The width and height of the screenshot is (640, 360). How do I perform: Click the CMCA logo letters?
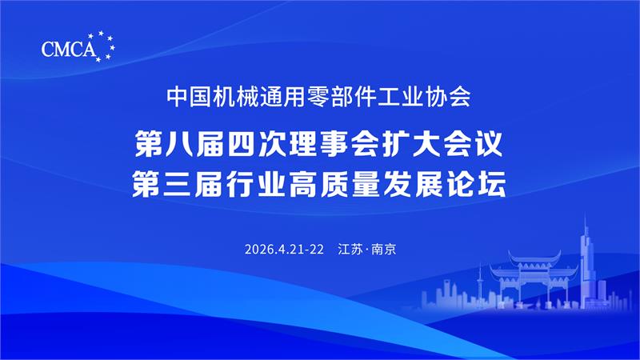tap(69, 50)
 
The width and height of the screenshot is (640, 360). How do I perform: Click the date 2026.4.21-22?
tap(284, 249)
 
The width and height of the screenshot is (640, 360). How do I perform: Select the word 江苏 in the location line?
tap(350, 249)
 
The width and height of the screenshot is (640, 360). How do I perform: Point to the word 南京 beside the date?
tap(384, 249)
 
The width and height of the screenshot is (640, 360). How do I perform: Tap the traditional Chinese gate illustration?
tap(534, 278)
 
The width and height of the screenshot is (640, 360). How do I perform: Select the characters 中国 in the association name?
tap(189, 97)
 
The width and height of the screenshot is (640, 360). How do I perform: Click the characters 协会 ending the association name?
tap(448, 97)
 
